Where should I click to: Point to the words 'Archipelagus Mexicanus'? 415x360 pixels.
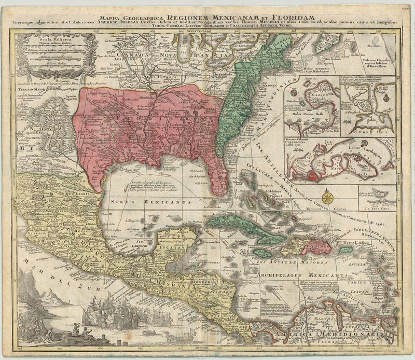click(x=306, y=276)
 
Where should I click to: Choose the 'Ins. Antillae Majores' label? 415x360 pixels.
click(x=280, y=262)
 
